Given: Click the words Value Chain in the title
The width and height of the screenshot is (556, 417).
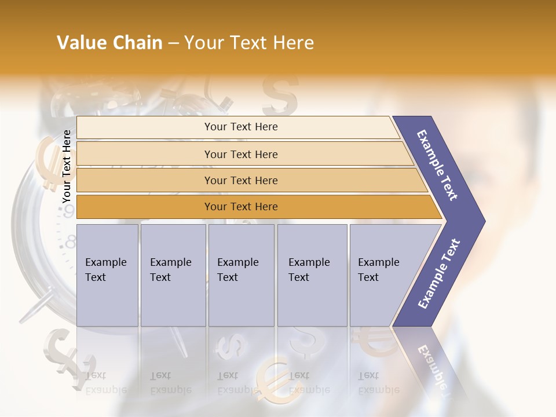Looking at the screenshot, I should click(x=109, y=43).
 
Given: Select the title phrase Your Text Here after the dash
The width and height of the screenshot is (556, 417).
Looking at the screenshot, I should click(x=249, y=43).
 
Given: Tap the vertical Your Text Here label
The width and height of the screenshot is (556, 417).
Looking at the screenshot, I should click(x=67, y=166).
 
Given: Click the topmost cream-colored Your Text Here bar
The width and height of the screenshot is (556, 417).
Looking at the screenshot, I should click(x=240, y=127).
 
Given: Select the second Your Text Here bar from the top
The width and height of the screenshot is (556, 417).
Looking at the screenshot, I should click(x=240, y=154).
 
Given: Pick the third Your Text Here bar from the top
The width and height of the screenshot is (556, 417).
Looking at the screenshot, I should click(x=240, y=180).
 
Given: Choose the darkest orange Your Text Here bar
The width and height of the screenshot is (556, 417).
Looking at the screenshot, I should click(x=240, y=207).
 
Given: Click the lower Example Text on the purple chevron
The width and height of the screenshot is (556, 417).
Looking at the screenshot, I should click(x=439, y=273).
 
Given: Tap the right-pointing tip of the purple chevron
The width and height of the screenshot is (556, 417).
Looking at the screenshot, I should click(x=482, y=221).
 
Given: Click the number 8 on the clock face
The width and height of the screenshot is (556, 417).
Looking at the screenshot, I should click(x=70, y=242).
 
